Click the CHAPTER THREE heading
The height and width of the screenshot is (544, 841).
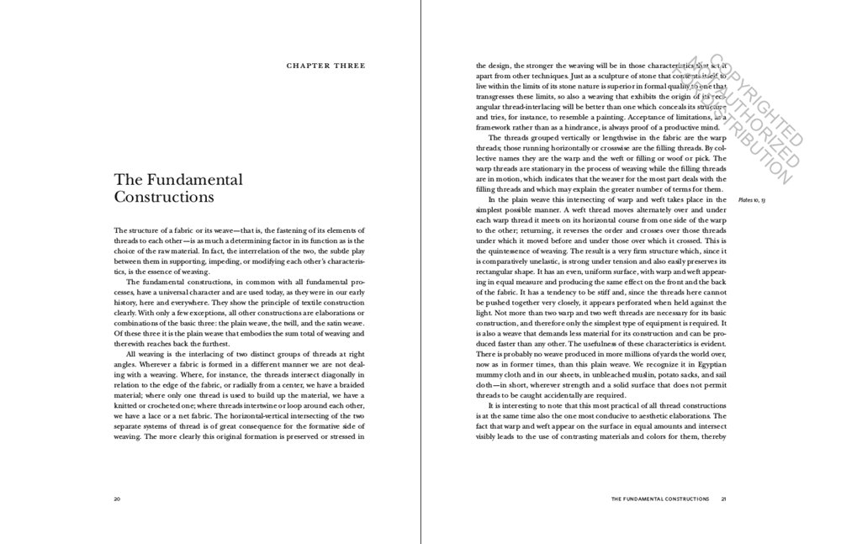tap(326, 66)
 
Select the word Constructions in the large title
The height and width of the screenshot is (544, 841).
tap(164, 198)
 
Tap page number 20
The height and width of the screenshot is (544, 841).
tap(117, 499)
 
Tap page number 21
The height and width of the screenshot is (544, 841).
tap(723, 499)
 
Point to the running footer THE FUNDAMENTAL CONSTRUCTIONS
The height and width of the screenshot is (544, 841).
tap(659, 499)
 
